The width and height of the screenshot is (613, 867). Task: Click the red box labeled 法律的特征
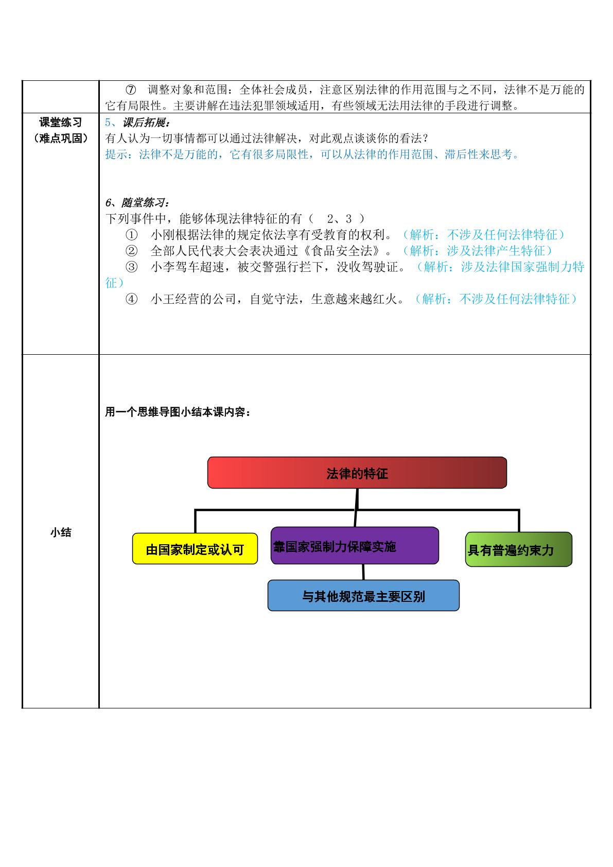[x=357, y=472]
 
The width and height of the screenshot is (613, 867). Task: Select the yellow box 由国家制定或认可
[x=195, y=548]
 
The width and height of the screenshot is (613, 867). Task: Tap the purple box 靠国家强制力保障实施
[x=355, y=545]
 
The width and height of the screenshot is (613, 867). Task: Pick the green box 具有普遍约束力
[x=519, y=549]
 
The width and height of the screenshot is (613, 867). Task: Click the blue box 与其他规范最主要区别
[x=363, y=595]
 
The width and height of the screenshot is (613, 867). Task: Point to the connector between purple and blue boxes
[x=363, y=571]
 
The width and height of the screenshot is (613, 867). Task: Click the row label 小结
[x=61, y=532]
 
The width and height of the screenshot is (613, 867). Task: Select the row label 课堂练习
[x=61, y=123]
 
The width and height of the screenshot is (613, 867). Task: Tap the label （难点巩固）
[x=61, y=138]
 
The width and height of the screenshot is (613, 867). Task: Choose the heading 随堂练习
[x=144, y=202]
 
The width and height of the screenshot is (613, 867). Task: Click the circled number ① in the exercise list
[x=132, y=235]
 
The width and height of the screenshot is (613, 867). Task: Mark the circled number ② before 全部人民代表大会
[x=132, y=251]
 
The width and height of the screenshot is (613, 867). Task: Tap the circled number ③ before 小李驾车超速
[x=132, y=267]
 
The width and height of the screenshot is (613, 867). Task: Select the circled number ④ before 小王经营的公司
[x=132, y=299]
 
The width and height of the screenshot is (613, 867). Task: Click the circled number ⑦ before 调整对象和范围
[x=131, y=90]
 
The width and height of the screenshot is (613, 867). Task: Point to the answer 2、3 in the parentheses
[x=339, y=219]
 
